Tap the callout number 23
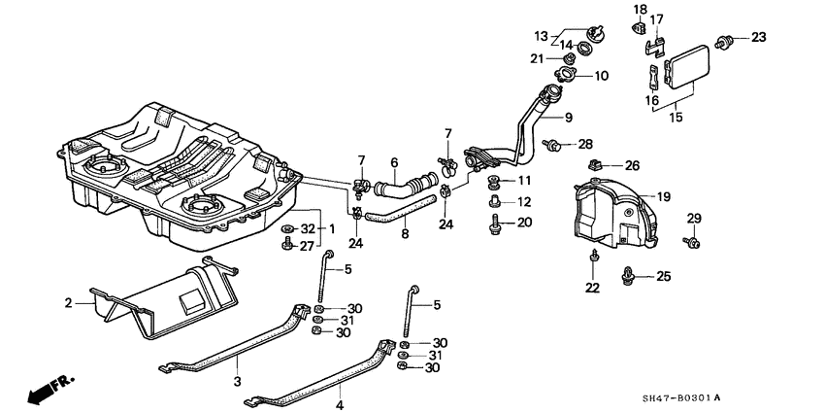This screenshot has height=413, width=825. [x=758, y=38]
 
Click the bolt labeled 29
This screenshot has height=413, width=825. [x=692, y=241]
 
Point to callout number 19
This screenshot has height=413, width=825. [x=663, y=197]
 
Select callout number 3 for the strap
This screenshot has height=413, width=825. [x=236, y=383]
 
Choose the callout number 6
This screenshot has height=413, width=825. [x=394, y=162]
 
